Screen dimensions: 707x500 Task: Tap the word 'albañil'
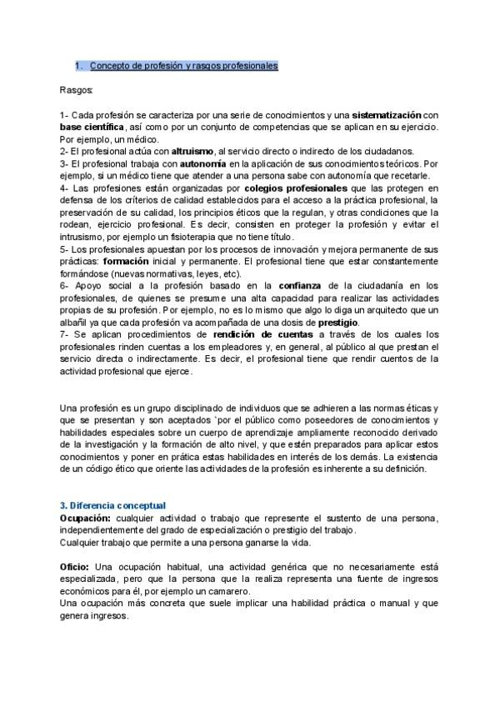click(x=77, y=323)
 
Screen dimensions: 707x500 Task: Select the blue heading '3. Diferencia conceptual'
click(x=113, y=506)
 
